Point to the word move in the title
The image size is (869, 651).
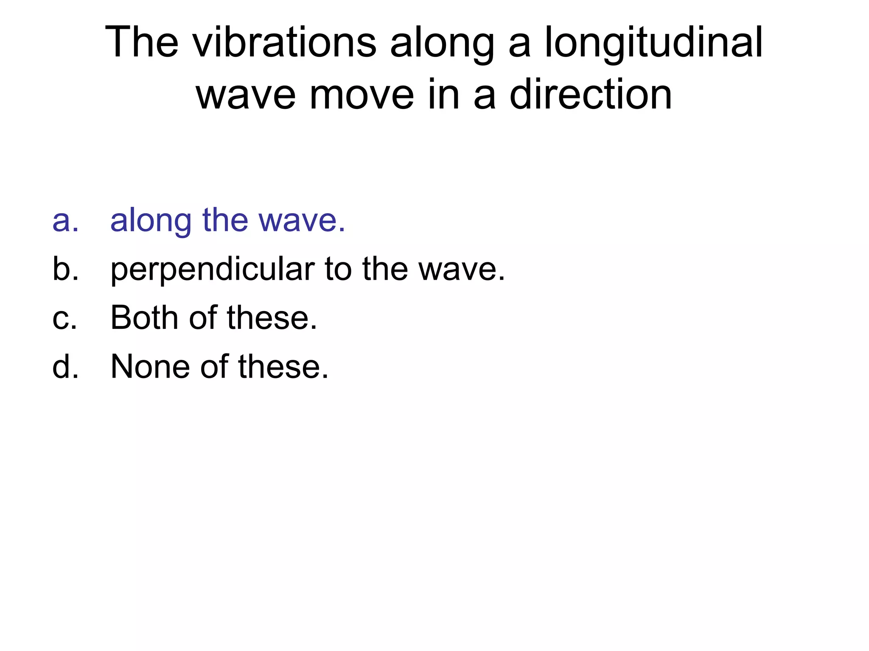point(362,95)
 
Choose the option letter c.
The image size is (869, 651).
point(64,318)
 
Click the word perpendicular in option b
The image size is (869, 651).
point(212,270)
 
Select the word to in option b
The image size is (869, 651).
point(338,269)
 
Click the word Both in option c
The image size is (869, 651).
point(144,318)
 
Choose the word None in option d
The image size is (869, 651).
point(150,366)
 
